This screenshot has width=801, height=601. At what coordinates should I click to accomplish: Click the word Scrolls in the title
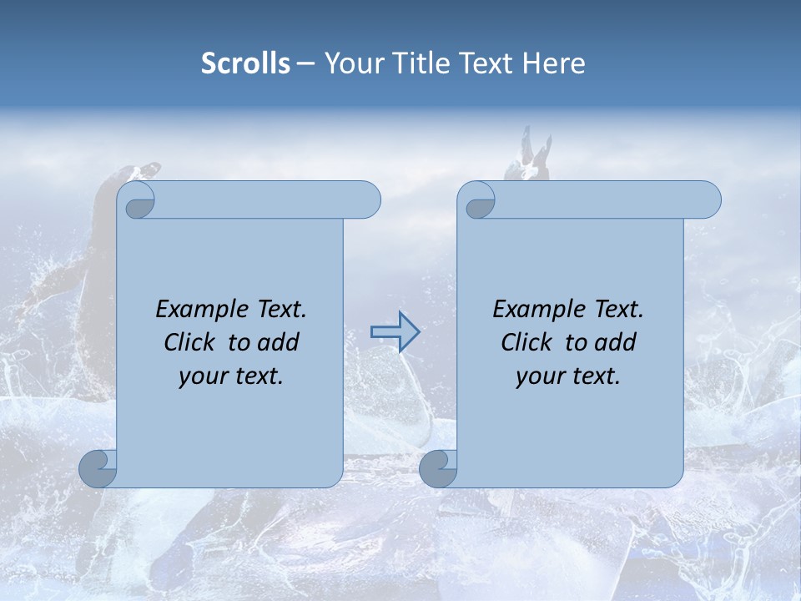pos(245,63)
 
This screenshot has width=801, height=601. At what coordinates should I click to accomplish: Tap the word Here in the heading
pos(554,63)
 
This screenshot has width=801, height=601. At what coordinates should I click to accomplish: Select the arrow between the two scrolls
pos(395,332)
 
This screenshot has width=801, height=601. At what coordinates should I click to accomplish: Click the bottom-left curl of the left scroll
pos(98,468)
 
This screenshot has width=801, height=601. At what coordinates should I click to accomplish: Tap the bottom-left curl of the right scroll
pos(438,468)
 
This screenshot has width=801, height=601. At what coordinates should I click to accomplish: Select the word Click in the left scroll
pos(189,342)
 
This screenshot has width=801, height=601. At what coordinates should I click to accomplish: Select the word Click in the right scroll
pos(526,342)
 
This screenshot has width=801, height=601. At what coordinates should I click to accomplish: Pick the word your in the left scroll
pos(201,376)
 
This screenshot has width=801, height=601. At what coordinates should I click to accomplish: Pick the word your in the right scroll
pos(538,376)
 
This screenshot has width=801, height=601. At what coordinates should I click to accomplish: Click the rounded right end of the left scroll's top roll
pos(367,200)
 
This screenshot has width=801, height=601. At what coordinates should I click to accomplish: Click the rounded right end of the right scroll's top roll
pos(708,200)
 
